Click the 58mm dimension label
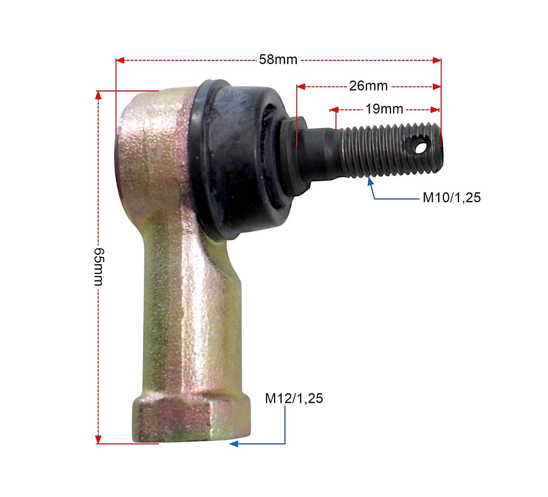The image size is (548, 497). tap(278, 60)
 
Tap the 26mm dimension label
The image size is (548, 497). tap(368, 86)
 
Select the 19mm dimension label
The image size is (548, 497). tap(384, 109)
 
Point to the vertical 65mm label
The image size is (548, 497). tap(99, 267)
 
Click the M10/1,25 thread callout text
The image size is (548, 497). tap(452, 197)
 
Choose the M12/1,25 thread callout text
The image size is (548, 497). tap(294, 398)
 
